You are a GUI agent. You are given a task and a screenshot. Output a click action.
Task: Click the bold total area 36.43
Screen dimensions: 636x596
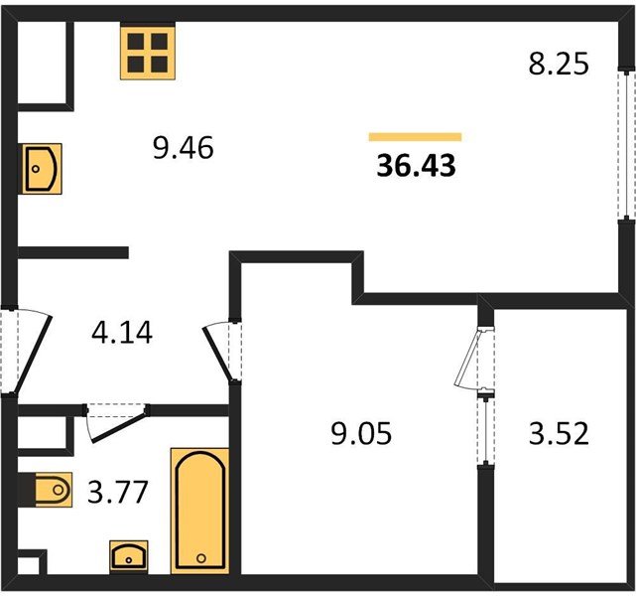pos(416,166)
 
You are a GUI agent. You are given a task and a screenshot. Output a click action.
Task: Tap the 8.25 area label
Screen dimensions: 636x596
pos(559,65)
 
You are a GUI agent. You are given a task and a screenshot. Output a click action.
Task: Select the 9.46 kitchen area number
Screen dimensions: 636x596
pos(184,148)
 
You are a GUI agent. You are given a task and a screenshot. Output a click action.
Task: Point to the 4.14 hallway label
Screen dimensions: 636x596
pos(122,333)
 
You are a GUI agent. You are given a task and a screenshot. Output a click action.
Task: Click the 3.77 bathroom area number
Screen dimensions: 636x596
pos(118,492)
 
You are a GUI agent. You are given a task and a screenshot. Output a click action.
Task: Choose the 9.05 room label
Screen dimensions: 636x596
pos(361,434)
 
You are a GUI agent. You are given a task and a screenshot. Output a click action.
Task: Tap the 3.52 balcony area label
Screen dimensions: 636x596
pos(559,434)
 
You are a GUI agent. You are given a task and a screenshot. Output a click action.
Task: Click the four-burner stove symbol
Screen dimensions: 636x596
pos(148,52)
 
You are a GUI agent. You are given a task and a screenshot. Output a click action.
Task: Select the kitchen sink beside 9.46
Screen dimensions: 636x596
pos(42,169)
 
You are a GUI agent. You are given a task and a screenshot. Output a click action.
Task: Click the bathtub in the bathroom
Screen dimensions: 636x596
pos(200,511)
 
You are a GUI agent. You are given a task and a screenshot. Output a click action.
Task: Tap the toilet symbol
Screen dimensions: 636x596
pos(53,490)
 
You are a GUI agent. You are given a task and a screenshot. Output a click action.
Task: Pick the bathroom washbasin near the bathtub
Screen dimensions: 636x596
pos(129,556)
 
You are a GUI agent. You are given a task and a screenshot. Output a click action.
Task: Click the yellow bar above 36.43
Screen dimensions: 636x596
pos(415,137)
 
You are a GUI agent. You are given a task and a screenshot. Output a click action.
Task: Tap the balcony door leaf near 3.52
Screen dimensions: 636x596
pos(470,358)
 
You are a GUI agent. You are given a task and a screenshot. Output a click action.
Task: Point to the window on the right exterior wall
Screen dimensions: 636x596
pos(627,146)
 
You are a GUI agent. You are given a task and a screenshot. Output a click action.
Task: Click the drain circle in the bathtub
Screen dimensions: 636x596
pos(201,558)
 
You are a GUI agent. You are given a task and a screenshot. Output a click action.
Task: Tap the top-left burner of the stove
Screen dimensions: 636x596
pos(136,41)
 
